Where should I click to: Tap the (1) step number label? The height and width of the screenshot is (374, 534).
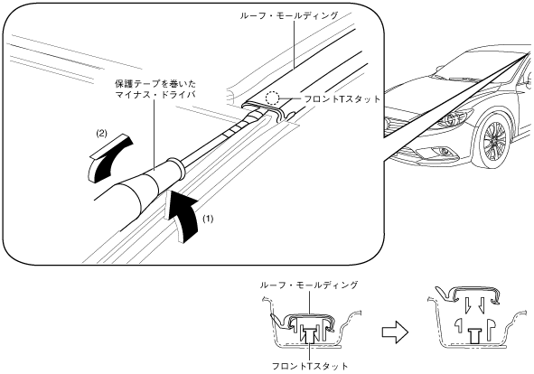[x=208, y=219]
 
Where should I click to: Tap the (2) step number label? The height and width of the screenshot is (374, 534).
[x=101, y=134]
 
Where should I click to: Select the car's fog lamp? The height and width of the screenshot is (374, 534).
[x=443, y=152]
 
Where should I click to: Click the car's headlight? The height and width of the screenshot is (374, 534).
[x=457, y=117]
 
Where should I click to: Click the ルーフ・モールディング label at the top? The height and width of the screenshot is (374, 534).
[x=289, y=15]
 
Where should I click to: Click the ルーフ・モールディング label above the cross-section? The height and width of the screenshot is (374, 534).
[x=309, y=285]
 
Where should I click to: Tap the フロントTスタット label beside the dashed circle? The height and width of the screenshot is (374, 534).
[x=342, y=99]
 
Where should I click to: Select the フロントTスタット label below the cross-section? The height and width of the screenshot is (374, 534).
[x=310, y=366]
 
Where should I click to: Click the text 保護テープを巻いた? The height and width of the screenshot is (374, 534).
[x=155, y=83]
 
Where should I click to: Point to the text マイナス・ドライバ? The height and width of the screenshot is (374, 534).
[x=155, y=94]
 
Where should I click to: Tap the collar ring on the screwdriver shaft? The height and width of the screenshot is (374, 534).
[x=176, y=168]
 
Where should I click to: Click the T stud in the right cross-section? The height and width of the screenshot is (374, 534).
[x=473, y=336]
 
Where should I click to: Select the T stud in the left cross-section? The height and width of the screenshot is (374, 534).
[x=309, y=335]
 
